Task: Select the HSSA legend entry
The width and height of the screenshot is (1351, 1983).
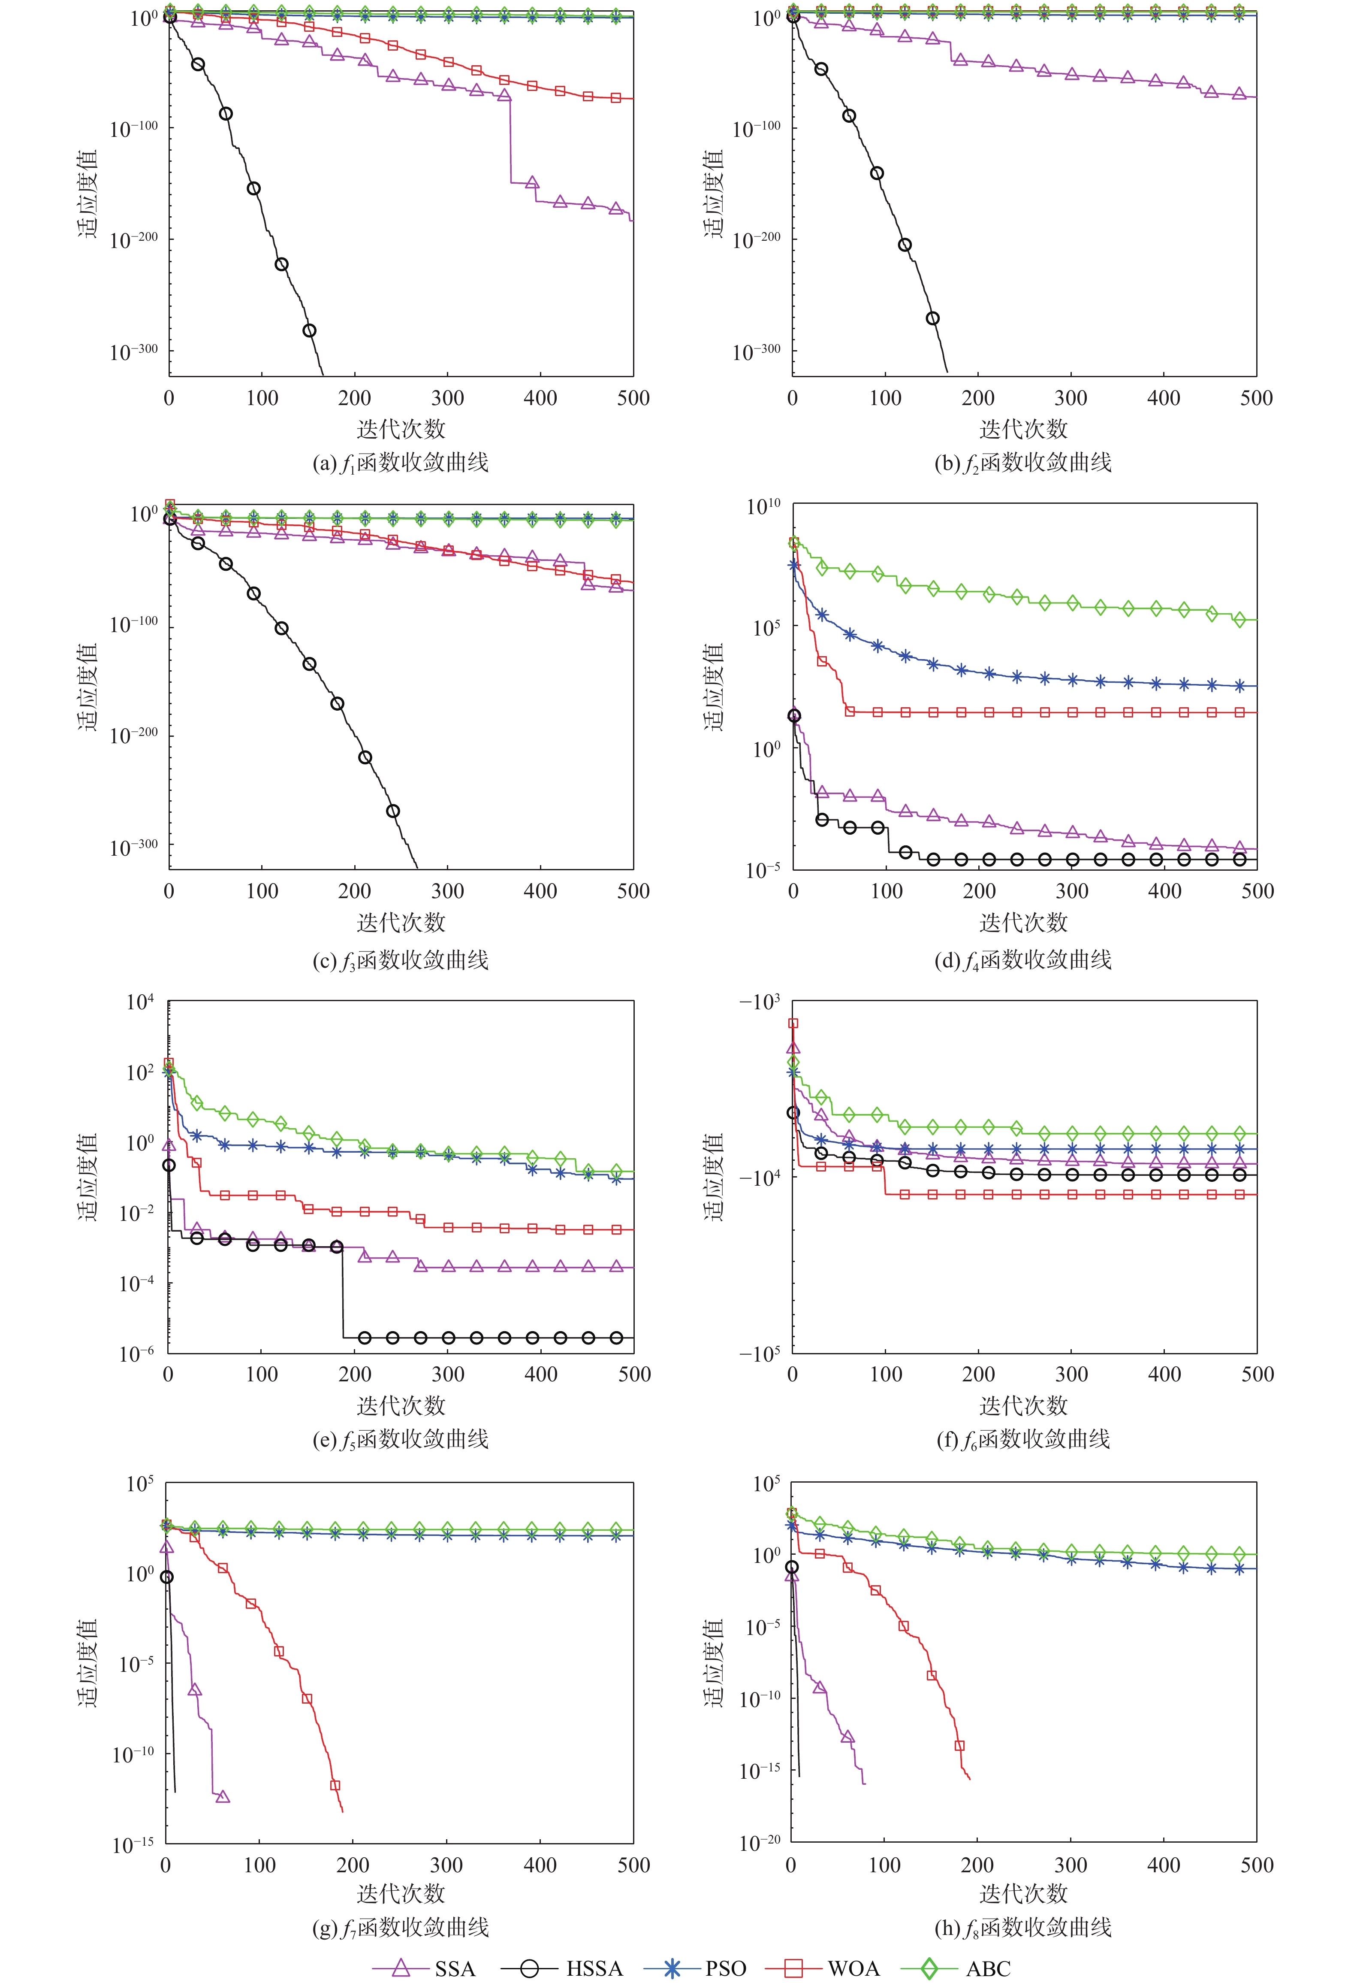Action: pos(562,1968)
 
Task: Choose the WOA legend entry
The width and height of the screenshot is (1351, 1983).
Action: pos(823,1968)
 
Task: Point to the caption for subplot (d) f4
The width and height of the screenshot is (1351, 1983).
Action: pos(1023,960)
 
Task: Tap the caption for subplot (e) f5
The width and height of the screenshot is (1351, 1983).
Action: pos(401,1439)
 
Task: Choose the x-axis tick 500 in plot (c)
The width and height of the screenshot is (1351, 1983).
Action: pos(633,891)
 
